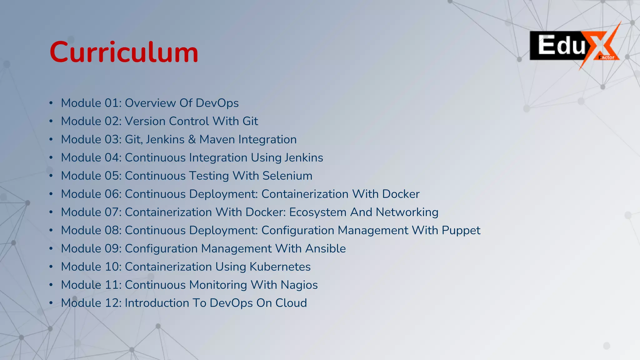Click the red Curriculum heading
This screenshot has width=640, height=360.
click(x=124, y=52)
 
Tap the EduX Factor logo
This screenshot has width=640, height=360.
click(x=574, y=46)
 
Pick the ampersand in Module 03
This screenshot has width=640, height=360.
click(x=192, y=139)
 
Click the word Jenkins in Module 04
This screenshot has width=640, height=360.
click(x=303, y=158)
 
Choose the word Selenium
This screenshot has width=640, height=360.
click(x=287, y=176)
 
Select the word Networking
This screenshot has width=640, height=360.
click(x=407, y=212)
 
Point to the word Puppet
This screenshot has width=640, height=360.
click(x=461, y=231)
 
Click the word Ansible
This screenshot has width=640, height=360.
click(x=325, y=249)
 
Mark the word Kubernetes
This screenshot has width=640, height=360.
click(x=280, y=267)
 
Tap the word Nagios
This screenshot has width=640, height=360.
click(x=299, y=285)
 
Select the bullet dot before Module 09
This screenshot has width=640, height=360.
click(x=51, y=249)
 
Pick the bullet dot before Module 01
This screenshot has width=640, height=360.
click(x=51, y=103)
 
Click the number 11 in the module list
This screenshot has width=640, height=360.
click(x=112, y=285)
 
